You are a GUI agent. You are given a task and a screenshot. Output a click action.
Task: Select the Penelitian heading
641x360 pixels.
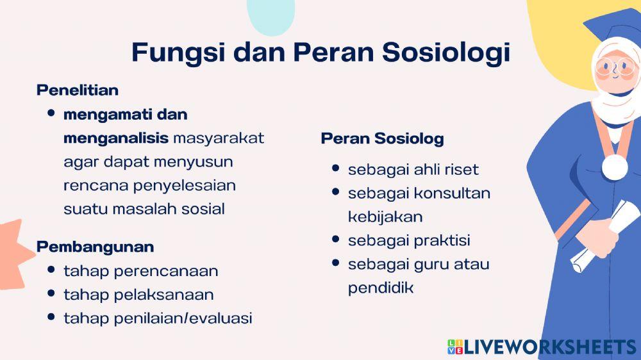click(x=78, y=90)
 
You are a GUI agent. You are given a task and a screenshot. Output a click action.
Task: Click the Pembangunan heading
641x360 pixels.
click(x=95, y=247)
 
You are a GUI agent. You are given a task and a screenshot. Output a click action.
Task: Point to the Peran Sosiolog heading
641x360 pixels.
click(x=382, y=138)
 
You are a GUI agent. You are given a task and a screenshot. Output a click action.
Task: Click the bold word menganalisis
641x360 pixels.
click(x=116, y=138)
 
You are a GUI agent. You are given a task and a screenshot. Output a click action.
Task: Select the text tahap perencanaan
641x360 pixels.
click(x=140, y=271)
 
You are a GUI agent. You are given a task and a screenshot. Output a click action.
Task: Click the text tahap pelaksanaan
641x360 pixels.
click(x=138, y=295)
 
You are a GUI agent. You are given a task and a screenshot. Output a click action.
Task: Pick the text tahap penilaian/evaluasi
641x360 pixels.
click(x=158, y=318)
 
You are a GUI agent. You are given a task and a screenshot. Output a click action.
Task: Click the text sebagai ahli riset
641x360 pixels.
click(x=413, y=170)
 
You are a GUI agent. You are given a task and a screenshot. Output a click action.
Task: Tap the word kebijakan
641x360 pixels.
click(x=385, y=217)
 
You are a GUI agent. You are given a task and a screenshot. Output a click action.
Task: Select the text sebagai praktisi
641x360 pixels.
click(x=409, y=240)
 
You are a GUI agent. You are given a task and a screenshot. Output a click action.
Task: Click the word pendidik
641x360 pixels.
click(x=381, y=288)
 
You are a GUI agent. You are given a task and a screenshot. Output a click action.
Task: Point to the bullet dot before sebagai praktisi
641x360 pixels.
click(x=336, y=239)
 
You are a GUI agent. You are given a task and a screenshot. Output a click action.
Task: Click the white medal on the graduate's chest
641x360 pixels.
click(x=614, y=167)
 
